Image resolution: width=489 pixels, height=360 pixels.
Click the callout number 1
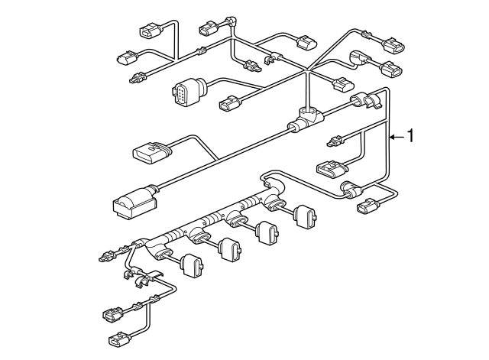pyautogui.click(x=411, y=137)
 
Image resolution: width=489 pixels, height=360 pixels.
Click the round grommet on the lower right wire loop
pyautogui.click(x=351, y=190)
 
